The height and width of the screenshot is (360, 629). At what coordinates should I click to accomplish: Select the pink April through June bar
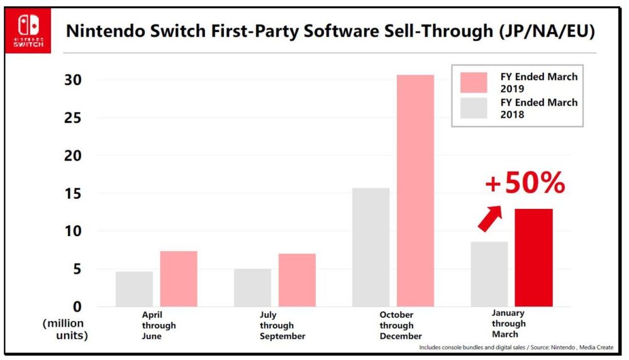[179, 278]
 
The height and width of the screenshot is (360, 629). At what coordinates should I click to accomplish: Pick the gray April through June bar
[134, 288]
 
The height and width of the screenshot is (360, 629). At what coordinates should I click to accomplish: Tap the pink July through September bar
[297, 279]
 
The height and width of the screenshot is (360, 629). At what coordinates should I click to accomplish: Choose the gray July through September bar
[252, 287]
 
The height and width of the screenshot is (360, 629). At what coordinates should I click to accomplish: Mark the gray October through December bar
[370, 247]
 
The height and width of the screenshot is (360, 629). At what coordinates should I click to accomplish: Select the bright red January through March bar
[533, 257]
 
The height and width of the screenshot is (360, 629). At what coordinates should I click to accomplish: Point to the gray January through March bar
[489, 274]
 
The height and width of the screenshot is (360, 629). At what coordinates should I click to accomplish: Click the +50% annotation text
[525, 184]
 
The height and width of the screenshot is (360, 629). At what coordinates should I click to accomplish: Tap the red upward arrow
[490, 218]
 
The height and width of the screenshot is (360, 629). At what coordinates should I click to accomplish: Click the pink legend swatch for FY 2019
[474, 82]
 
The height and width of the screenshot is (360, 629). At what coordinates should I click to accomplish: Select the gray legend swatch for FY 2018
[474, 108]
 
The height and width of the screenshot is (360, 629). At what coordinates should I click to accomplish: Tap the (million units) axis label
[65, 329]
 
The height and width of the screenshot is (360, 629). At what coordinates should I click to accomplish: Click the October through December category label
[396, 325]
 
